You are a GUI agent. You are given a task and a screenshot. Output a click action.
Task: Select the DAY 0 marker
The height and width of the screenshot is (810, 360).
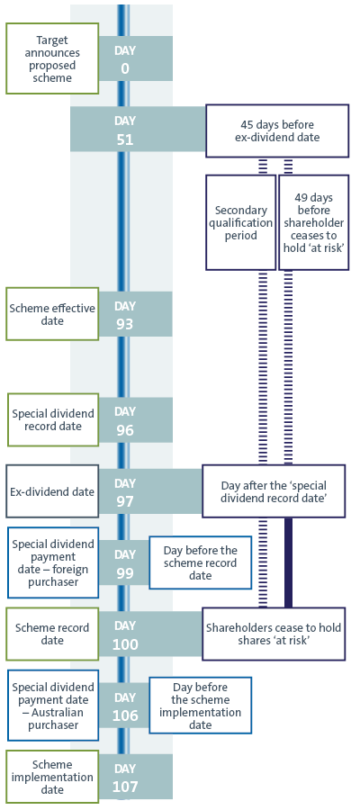tap(125, 59)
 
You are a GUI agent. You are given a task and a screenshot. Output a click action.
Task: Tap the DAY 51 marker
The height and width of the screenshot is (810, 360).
tap(125, 130)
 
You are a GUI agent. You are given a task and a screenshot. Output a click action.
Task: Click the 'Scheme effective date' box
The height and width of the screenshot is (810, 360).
tap(52, 314)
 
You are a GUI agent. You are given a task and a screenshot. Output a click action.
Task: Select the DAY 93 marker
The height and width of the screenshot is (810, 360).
tap(125, 315)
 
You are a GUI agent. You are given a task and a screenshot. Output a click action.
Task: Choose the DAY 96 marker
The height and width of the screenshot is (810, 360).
tap(125, 420)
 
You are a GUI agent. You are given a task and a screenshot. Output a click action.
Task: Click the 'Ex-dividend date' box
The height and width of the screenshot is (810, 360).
tap(52, 491)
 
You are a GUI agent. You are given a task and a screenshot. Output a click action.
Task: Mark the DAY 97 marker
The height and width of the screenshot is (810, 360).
tap(125, 491)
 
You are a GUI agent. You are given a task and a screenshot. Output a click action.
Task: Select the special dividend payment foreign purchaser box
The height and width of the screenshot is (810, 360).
tap(52, 562)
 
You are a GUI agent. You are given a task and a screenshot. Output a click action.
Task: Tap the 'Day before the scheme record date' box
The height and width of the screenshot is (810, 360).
tap(201, 562)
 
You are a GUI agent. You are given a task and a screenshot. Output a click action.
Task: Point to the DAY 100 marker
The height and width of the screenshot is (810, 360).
tap(125, 634)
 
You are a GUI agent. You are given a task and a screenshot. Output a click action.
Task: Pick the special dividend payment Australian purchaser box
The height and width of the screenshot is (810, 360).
tap(52, 706)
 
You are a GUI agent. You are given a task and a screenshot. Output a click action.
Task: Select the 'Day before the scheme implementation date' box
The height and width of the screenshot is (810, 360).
tap(201, 706)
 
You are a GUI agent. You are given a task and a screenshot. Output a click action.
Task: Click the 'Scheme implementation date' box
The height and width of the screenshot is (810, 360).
tap(52, 776)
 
